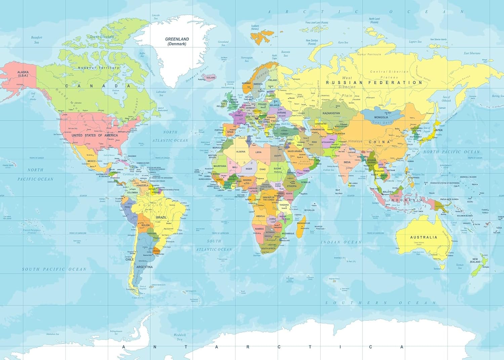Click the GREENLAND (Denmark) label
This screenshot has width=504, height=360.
point(177,41)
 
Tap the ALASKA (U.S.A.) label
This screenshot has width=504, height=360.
point(23,74)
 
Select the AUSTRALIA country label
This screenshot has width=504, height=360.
point(423,237)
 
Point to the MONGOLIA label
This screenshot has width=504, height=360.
point(381,117)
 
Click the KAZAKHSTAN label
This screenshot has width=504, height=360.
point(331,113)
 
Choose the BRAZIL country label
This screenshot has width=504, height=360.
point(161,217)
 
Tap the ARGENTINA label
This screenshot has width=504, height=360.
point(144,267)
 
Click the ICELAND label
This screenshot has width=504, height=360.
point(211,78)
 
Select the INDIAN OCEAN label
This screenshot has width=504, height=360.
point(341,242)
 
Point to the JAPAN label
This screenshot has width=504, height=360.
point(438,130)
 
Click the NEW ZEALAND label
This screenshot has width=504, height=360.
point(475,261)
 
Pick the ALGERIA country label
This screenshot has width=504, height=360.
point(241,152)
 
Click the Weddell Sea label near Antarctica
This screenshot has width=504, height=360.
point(179,337)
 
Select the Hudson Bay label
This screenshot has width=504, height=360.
point(116,91)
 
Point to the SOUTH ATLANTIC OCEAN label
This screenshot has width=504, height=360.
point(214,245)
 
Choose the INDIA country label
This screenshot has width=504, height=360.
point(347,162)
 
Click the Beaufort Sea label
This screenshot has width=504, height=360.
point(37,40)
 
